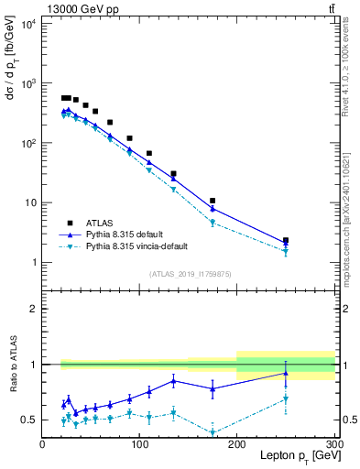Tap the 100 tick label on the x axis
pyautogui.click(x=139, y=444)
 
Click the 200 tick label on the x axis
pyautogui.click(x=237, y=444)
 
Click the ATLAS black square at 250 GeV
pyautogui.click(x=286, y=240)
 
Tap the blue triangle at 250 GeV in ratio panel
pyautogui.click(x=286, y=373)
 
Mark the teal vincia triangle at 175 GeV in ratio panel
pyautogui.click(x=213, y=432)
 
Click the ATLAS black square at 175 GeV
pyautogui.click(x=213, y=201)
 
